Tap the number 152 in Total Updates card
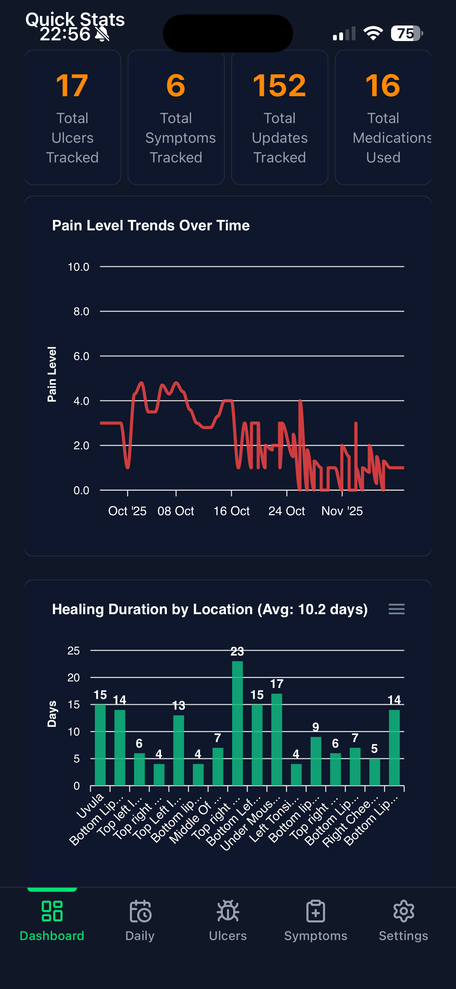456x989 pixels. click(x=279, y=86)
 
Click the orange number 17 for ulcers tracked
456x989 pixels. click(x=72, y=86)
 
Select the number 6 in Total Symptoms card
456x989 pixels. click(x=176, y=86)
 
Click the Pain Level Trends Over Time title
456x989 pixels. click(x=151, y=226)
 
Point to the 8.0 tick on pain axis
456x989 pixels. click(x=81, y=311)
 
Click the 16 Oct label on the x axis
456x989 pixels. click(x=231, y=511)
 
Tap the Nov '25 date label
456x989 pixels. click(x=342, y=511)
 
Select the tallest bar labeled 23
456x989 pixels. click(x=237, y=724)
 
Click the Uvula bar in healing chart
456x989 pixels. click(x=100, y=745)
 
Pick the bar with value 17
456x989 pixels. click(x=276, y=739)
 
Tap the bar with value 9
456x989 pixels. click(x=316, y=761)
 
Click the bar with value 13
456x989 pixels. click(x=178, y=750)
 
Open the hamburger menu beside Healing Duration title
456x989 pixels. click(x=396, y=609)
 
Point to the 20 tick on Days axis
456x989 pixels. click(x=74, y=678)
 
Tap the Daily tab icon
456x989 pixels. click(x=140, y=911)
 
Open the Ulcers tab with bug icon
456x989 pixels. click(x=228, y=911)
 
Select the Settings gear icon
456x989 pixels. click(x=403, y=911)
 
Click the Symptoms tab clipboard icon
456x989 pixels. click(x=316, y=911)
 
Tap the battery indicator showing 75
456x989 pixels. click(x=406, y=33)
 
